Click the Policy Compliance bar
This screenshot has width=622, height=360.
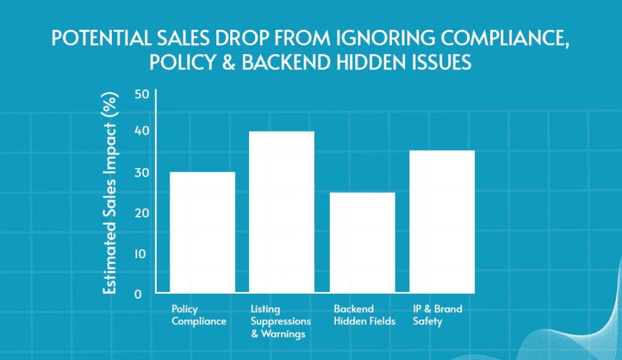[202, 232]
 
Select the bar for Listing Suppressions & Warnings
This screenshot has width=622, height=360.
[282, 212]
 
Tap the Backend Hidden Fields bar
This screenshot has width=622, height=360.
[362, 242]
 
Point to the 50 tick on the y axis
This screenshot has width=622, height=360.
[142, 95]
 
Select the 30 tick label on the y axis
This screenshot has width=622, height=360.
[142, 172]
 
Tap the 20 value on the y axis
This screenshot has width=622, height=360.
[142, 213]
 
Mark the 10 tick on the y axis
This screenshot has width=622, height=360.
[142, 254]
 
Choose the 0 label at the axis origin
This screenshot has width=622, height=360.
[138, 294]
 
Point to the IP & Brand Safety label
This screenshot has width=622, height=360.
[437, 315]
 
